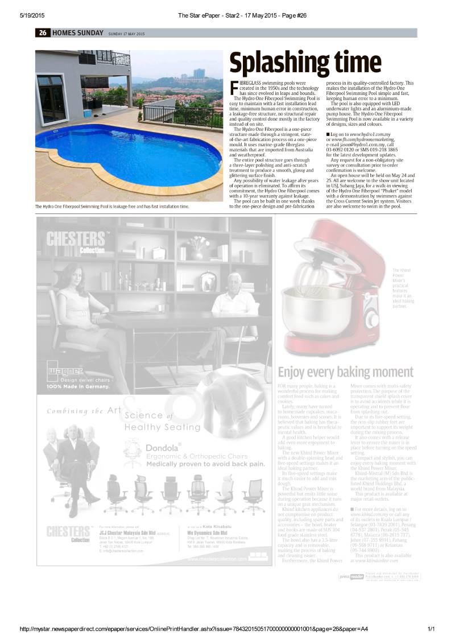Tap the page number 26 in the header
click(x=43, y=33)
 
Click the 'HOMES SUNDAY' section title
click(x=78, y=33)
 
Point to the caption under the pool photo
click(x=112, y=207)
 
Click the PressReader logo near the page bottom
click(x=352, y=577)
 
